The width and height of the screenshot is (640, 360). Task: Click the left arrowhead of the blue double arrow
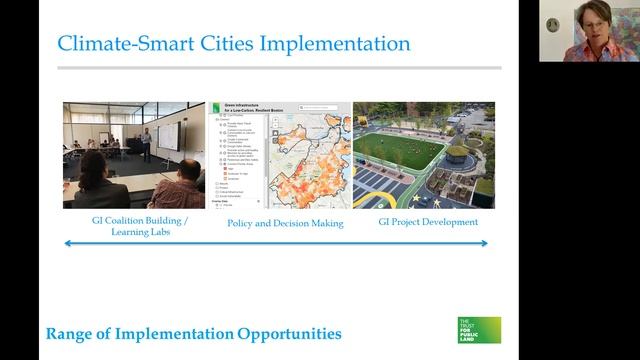click(68, 243)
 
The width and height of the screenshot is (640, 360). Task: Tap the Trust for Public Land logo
click(479, 331)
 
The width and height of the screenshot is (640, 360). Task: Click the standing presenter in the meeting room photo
click(146, 142)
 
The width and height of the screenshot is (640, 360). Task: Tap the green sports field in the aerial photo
click(399, 151)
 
